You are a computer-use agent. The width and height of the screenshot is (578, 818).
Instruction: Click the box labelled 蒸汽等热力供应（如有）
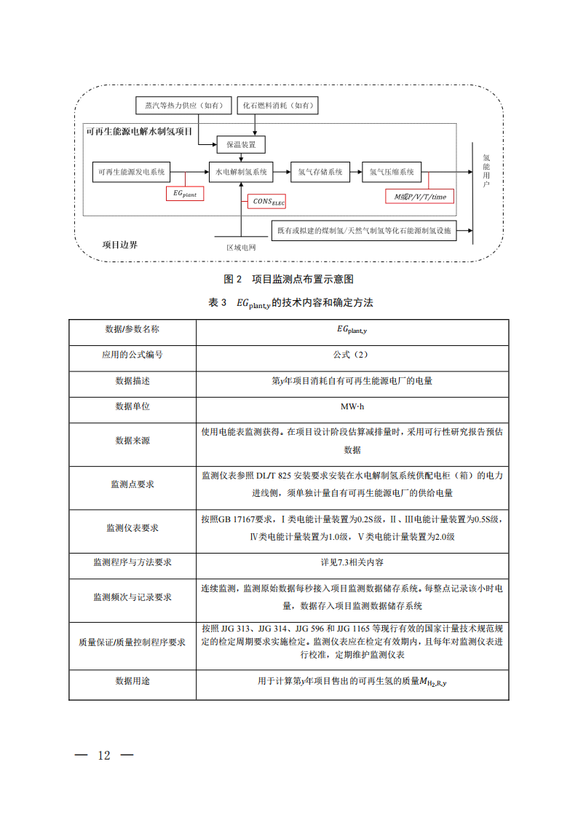point(184,106)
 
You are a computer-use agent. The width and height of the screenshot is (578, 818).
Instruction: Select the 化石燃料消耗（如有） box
point(280,106)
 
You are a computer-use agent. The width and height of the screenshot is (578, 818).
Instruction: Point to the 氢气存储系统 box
point(320,173)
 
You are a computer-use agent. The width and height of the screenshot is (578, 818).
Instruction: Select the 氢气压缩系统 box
point(392,173)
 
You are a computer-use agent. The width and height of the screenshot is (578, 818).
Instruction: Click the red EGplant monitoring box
point(185,194)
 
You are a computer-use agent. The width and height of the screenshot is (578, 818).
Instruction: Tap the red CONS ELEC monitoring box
point(269,200)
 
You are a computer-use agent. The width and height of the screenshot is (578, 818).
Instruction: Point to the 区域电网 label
point(241,248)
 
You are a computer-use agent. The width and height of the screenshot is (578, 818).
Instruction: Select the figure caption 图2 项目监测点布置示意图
point(289,279)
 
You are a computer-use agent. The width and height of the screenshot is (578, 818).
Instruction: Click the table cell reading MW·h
point(352,406)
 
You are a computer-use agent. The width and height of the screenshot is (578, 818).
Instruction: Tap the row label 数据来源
point(132,441)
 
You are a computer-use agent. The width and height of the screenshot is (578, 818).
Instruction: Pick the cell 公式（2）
point(352,355)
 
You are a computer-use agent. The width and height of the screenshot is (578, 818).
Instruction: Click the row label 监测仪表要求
point(132,528)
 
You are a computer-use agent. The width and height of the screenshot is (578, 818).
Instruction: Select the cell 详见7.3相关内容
point(352,562)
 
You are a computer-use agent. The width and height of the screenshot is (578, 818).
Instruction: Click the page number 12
point(104,755)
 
